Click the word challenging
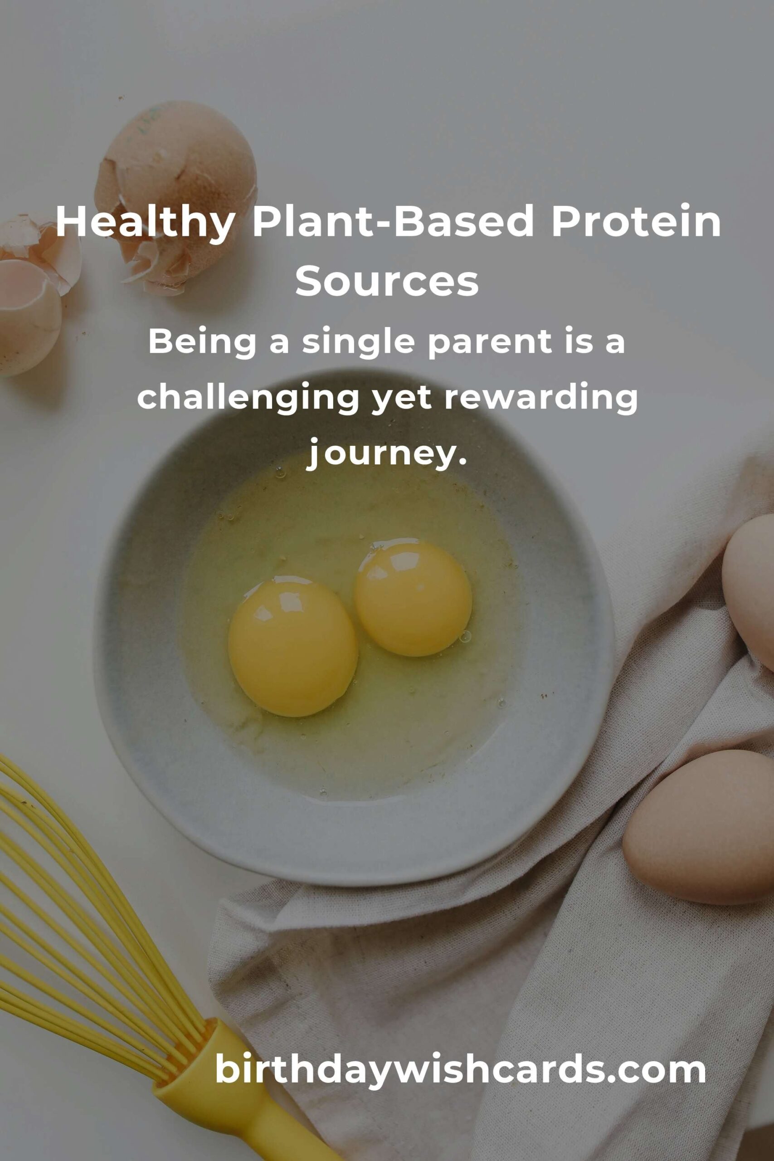pos(248,399)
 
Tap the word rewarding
pos(541,399)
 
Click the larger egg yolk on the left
pos(293,647)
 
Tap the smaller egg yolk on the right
pos(413,599)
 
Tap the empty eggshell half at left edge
pos(29,316)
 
